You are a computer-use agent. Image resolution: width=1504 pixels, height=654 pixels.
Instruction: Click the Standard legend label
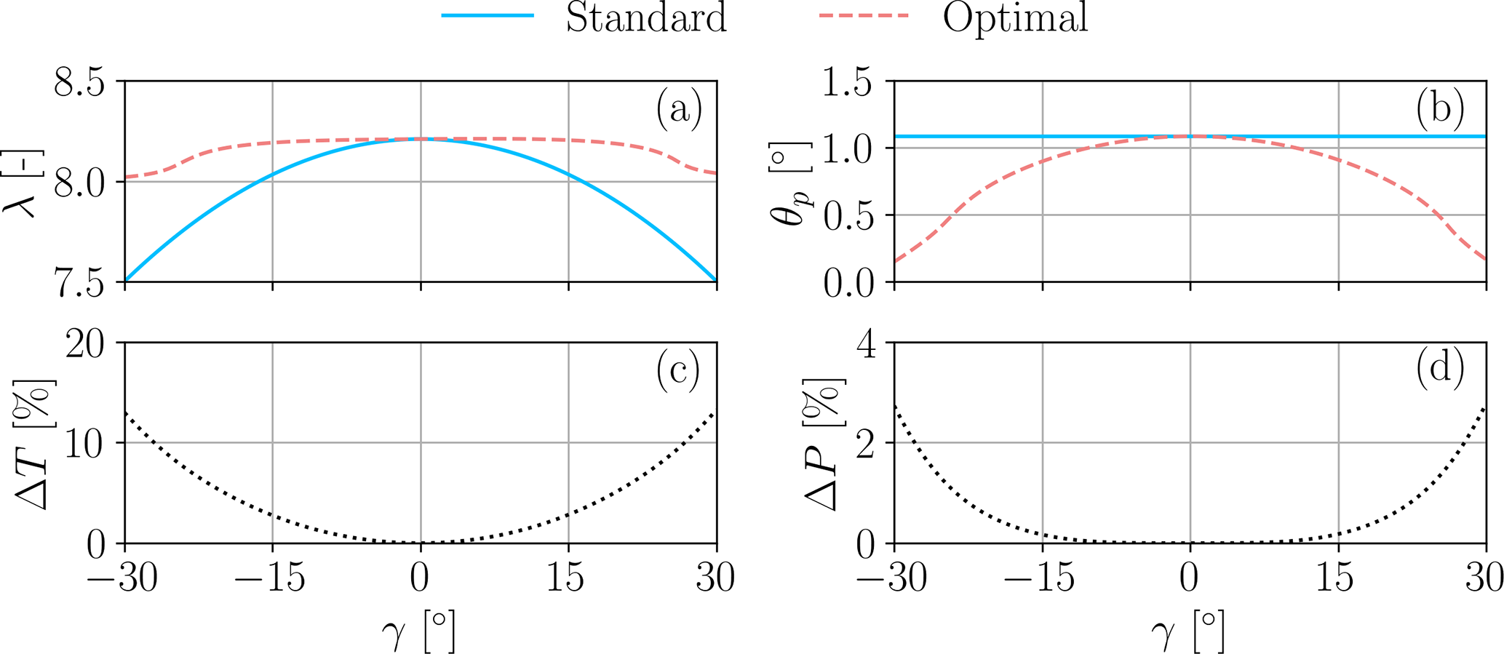coord(646,17)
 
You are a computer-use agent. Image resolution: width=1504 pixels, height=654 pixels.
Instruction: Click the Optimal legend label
coord(1015,17)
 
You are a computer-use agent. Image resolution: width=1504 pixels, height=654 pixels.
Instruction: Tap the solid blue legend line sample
coord(488,15)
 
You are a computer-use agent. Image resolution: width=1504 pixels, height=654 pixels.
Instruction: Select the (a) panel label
coord(679,109)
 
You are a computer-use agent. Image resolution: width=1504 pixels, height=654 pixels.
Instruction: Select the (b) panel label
coord(1440,109)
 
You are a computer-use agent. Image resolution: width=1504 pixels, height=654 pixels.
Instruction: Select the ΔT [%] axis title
coord(35,443)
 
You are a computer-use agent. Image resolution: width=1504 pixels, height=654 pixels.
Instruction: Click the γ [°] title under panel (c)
coord(420,631)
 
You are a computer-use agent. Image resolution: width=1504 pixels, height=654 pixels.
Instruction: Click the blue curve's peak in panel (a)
coord(421,138)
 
